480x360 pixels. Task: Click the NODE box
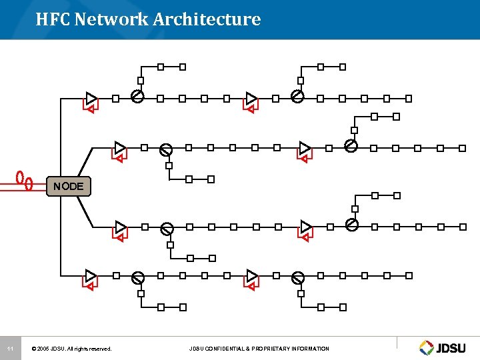pyautogui.click(x=69, y=186)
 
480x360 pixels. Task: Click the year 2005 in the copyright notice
pyautogui.click(x=45, y=349)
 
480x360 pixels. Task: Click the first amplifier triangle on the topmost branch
pyautogui.click(x=91, y=98)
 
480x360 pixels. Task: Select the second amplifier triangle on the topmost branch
pyautogui.click(x=251, y=98)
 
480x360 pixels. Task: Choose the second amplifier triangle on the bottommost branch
pyautogui.click(x=251, y=275)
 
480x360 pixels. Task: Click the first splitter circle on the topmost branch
pyautogui.click(x=137, y=97)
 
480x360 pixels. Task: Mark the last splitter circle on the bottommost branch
pyautogui.click(x=298, y=277)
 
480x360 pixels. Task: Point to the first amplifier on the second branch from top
pyautogui.click(x=120, y=147)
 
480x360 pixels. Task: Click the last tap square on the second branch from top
pyautogui.click(x=462, y=148)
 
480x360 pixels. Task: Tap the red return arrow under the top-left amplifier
pyautogui.click(x=89, y=108)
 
